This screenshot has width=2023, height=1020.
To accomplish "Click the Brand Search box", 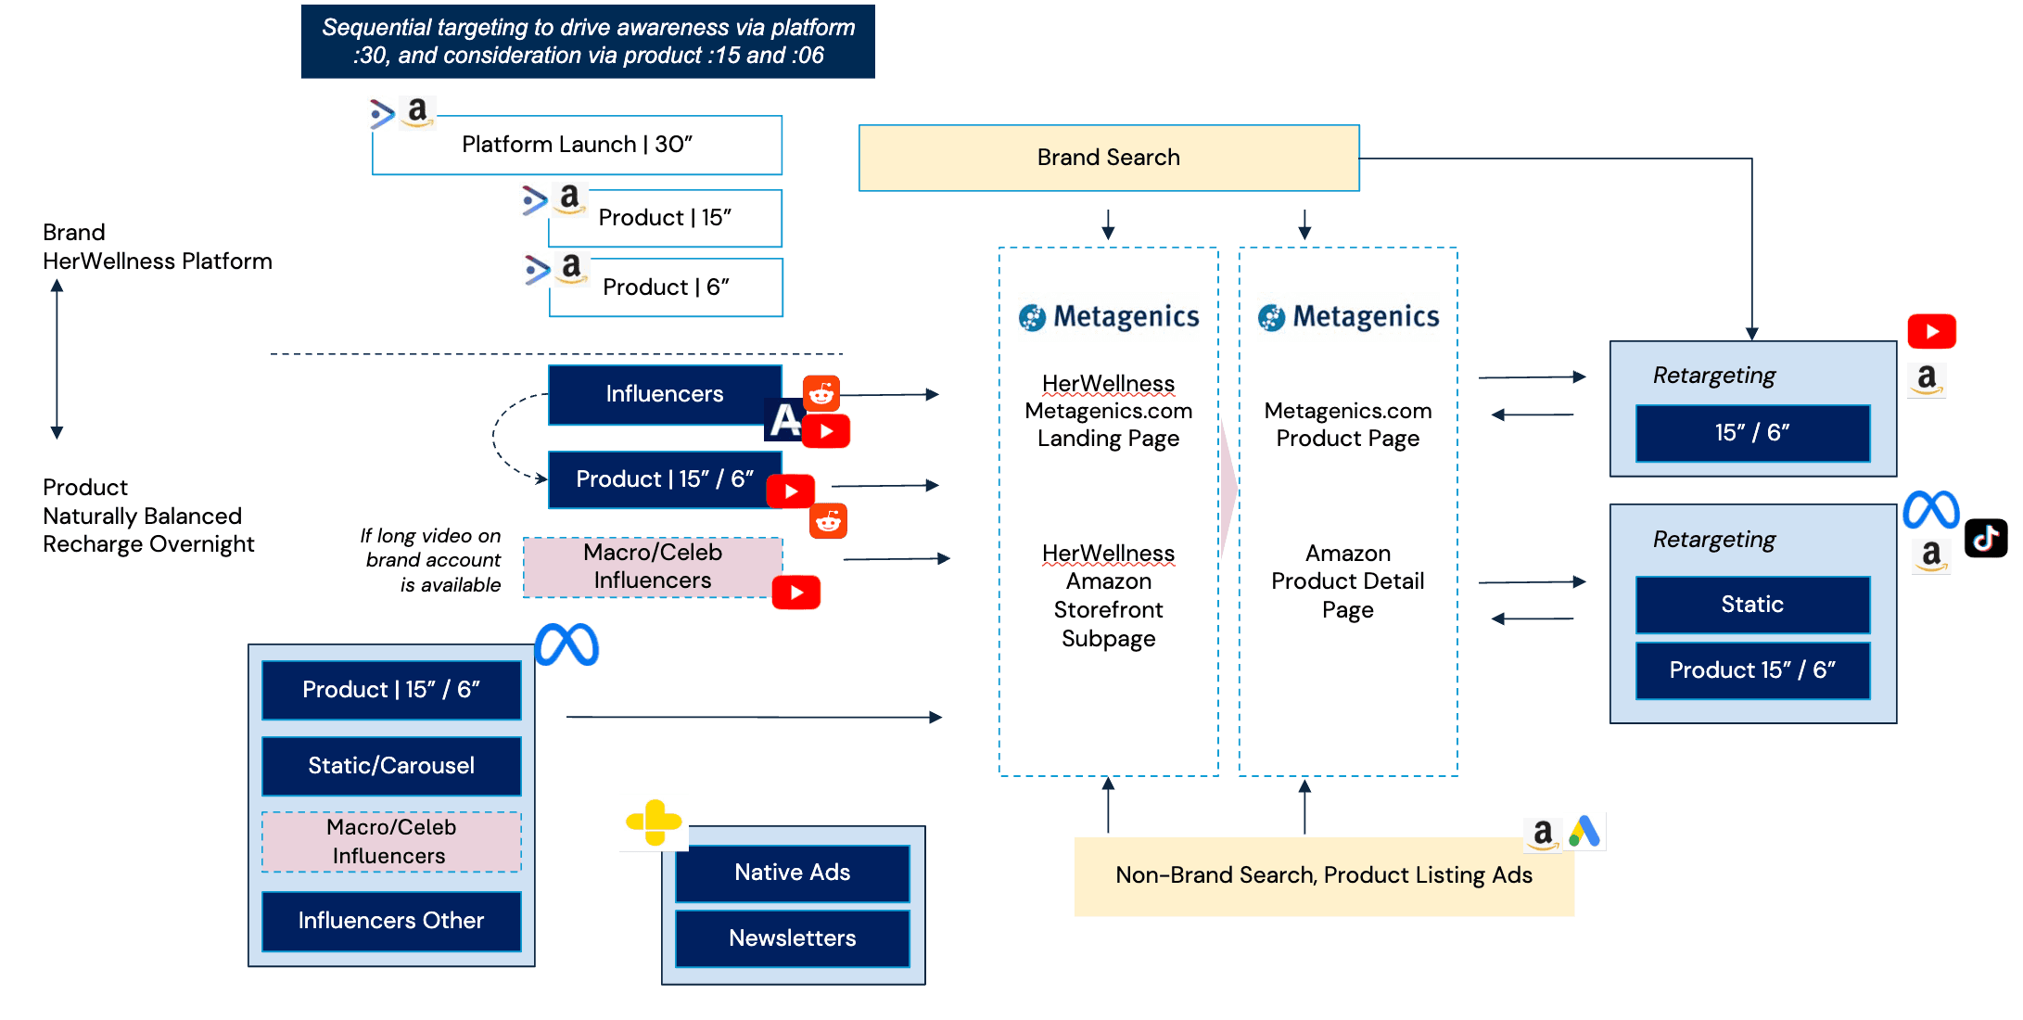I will pyautogui.click(x=1108, y=158).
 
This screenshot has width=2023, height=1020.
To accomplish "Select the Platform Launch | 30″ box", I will pyautogui.click(x=577, y=145).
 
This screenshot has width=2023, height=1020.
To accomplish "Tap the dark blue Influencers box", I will pyautogui.click(x=664, y=394).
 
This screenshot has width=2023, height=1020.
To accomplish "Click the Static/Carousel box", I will pyautogui.click(x=391, y=766).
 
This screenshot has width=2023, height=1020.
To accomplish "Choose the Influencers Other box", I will pyautogui.click(x=391, y=921).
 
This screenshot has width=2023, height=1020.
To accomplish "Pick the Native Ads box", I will pyautogui.click(x=792, y=873).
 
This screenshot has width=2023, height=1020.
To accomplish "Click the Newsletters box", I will pyautogui.click(x=792, y=938).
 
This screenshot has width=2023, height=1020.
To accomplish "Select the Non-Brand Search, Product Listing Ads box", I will pyautogui.click(x=1323, y=875).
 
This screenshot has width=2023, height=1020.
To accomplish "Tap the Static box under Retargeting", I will pyautogui.click(x=1752, y=605).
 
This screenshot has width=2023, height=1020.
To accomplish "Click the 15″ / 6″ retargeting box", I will pyautogui.click(x=1752, y=433).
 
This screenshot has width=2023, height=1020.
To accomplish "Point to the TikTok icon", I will pyautogui.click(x=1986, y=539).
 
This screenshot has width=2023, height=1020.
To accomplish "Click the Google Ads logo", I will pyautogui.click(x=1585, y=832).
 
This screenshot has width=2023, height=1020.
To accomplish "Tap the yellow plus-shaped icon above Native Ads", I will pyautogui.click(x=655, y=822).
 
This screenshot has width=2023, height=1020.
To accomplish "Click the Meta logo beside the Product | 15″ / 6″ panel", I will pyautogui.click(x=566, y=644).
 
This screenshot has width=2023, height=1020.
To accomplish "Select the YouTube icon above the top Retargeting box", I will pyautogui.click(x=1931, y=332).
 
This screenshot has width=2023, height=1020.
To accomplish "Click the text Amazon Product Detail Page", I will pyautogui.click(x=1347, y=581).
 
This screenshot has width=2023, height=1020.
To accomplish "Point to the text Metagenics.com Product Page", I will pyautogui.click(x=1347, y=425).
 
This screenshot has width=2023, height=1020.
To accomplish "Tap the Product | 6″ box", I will pyautogui.click(x=666, y=287).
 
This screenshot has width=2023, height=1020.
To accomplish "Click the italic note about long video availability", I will pyautogui.click(x=432, y=560).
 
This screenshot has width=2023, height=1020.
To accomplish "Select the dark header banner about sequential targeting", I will pyautogui.click(x=588, y=42).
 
